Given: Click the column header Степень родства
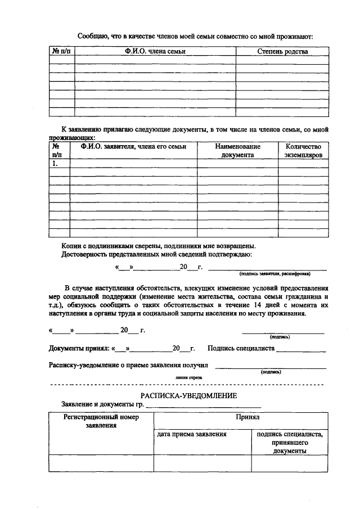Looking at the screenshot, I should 282,52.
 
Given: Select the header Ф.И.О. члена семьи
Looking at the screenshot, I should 155,52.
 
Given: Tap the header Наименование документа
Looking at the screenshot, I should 237,150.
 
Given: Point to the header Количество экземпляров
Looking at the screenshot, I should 303,150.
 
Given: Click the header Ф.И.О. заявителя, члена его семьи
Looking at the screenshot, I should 133,146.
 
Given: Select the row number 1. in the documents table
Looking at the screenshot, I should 56,164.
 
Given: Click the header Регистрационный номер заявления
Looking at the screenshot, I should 101,421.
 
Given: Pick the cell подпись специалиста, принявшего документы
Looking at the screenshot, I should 289,442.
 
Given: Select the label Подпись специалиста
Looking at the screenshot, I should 241,349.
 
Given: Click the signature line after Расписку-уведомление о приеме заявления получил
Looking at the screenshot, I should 271,366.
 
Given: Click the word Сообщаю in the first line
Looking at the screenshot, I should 93,37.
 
